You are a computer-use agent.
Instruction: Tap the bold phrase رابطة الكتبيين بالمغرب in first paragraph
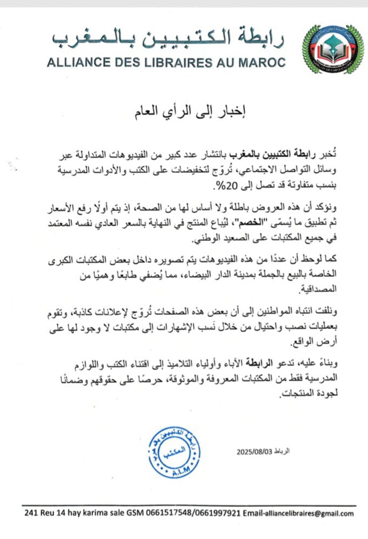(259, 152)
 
